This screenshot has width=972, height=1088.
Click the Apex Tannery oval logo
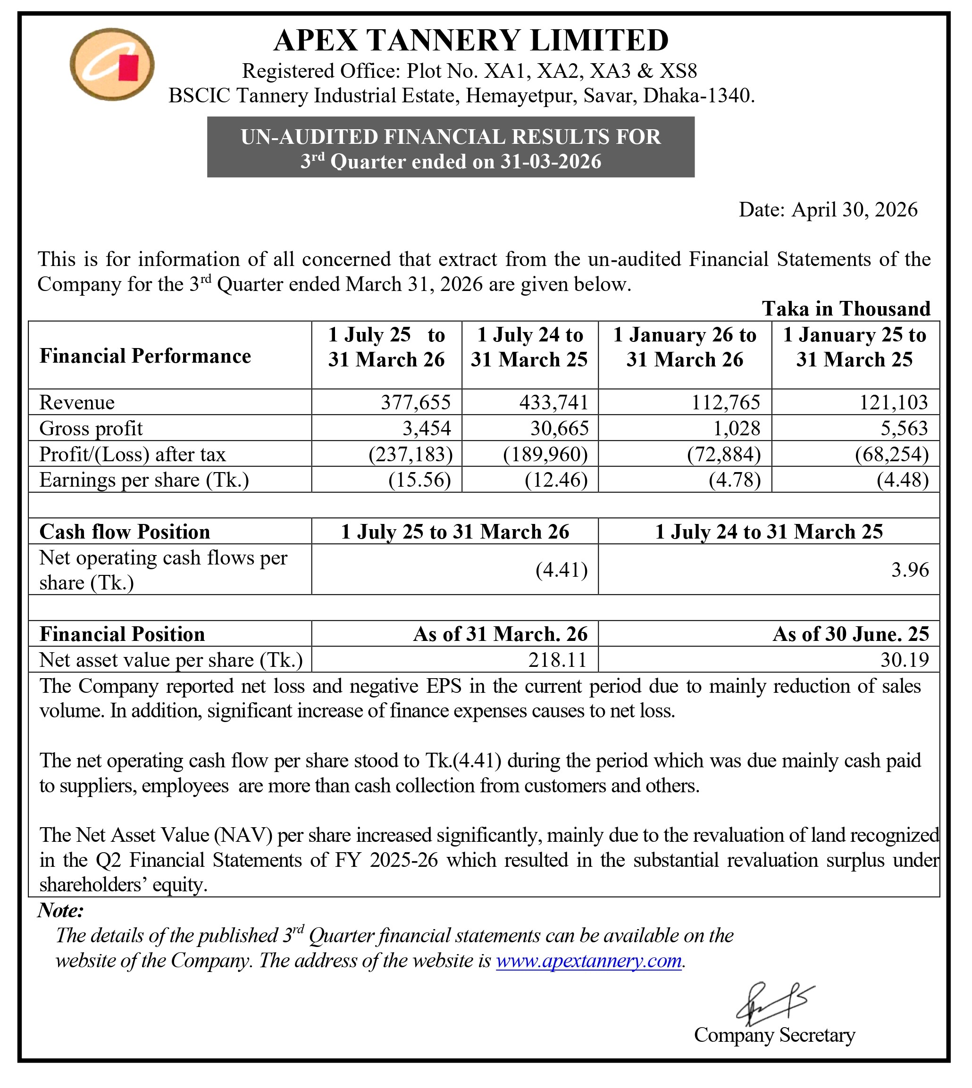112,65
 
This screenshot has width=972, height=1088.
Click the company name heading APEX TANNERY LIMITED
470,41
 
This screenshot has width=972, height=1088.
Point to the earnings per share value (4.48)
903,480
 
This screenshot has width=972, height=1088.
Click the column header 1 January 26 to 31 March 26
685,348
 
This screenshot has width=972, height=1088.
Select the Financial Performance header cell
145,356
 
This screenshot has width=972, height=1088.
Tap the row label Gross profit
91,428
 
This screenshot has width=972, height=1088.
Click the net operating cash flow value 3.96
910,570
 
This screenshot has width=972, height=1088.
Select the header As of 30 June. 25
851,634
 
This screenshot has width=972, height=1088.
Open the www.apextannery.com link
588,961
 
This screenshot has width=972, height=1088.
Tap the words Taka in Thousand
846,308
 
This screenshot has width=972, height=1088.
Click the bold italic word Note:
60,910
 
